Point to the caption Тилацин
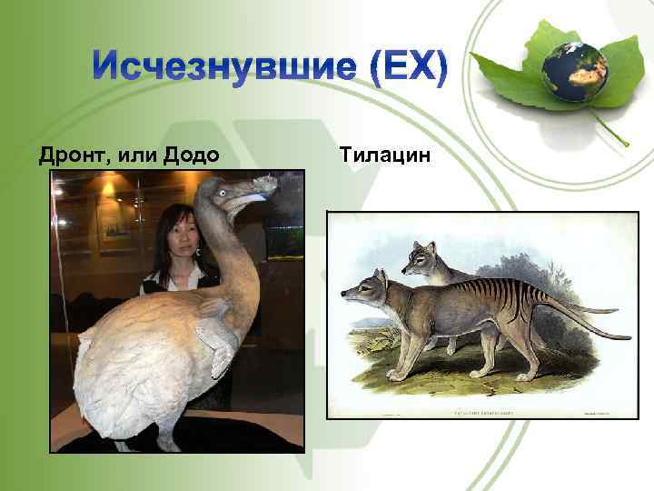pos(384,155)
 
